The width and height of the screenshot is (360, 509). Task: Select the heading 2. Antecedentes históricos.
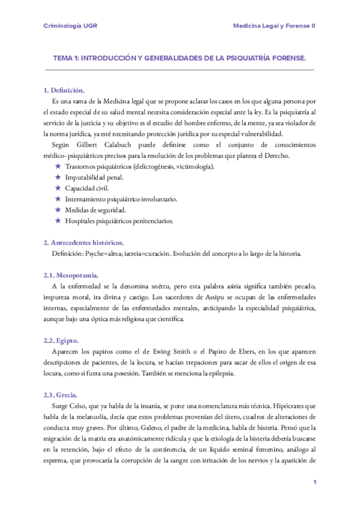(83, 242)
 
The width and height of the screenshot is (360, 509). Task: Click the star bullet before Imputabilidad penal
(58, 177)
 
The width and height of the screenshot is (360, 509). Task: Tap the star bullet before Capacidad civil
(58, 188)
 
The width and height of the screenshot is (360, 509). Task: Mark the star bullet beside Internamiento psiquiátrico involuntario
(58, 199)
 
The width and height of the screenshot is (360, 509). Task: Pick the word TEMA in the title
(62, 58)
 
